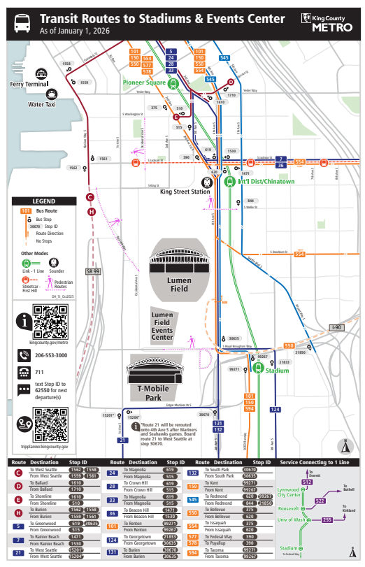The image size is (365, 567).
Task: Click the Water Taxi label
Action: coord(41,104)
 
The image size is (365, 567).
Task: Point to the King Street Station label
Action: coord(185,191)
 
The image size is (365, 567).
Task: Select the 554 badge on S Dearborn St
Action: coord(300,254)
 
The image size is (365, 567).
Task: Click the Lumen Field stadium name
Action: coord(179,284)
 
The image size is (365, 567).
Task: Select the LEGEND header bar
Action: coord(43,201)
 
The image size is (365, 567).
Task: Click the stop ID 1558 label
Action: coord(67,64)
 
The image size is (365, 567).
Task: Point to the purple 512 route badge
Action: coord(306,482)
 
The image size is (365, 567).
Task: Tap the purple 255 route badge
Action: coord(327,519)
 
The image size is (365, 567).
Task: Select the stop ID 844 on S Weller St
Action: coord(251,200)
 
